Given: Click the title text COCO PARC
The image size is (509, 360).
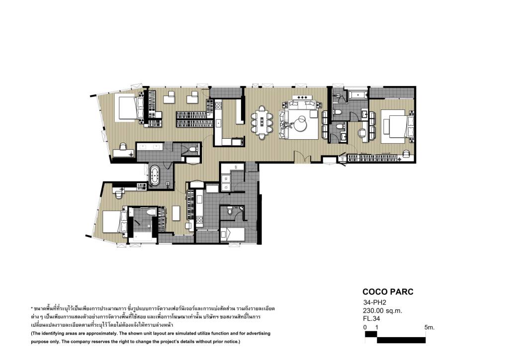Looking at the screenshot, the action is (388, 291).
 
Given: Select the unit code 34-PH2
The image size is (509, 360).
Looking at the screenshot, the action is (375, 302).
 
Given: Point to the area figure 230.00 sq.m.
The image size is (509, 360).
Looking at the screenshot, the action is (383, 311).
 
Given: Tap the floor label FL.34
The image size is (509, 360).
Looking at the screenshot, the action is (372, 318).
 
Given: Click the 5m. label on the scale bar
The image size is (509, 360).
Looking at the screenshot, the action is (429, 327).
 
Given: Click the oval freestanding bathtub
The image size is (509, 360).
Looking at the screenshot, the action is (154, 176).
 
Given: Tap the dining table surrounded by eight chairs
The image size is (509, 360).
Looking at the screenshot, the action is (262, 122).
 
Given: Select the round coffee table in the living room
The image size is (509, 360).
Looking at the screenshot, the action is (302, 123).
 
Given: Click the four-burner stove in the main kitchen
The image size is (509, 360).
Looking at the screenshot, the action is (218, 105).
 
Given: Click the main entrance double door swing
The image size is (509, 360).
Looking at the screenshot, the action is (303, 157).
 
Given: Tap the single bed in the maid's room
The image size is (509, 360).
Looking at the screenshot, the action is (233, 234).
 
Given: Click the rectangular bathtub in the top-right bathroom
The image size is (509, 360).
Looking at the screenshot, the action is (357, 95).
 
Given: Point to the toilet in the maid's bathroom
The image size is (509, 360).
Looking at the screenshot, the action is (230, 211).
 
